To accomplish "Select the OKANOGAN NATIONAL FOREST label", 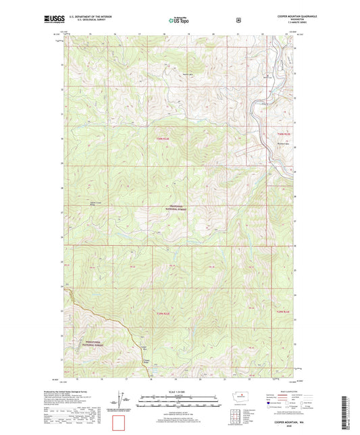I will [177, 209].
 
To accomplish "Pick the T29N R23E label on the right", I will [282, 311].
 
